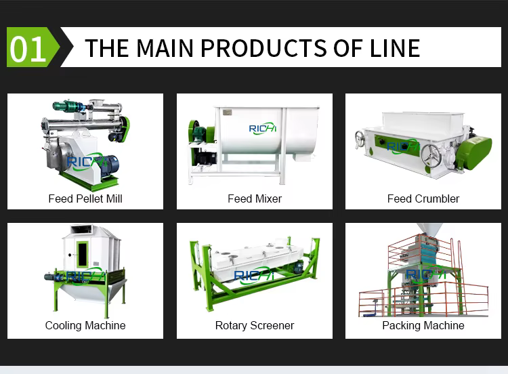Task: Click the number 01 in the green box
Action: click(28, 49)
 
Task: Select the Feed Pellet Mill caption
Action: click(85, 199)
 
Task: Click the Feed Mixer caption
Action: click(255, 199)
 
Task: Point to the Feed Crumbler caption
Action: click(423, 199)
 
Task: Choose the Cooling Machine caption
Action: click(85, 325)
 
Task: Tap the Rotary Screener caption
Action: click(255, 325)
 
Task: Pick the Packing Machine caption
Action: click(423, 325)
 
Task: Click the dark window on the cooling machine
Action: click(83, 255)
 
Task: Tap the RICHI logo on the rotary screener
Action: click(255, 275)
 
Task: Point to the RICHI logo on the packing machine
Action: click(425, 274)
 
